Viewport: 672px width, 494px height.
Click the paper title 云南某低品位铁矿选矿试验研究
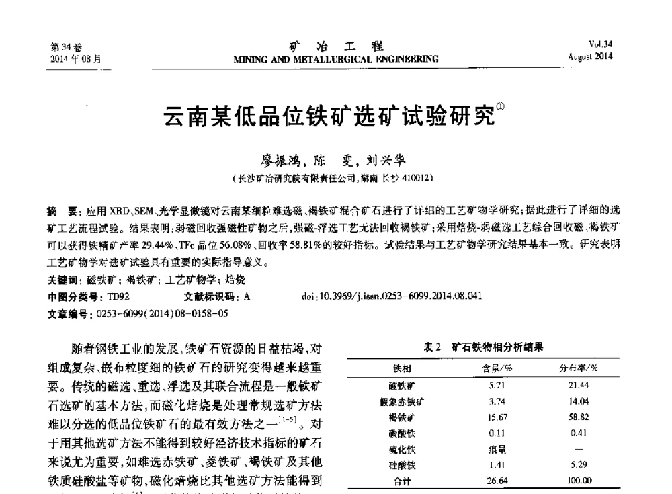330,119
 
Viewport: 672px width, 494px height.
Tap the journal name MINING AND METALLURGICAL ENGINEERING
335,59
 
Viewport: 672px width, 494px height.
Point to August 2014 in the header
590,56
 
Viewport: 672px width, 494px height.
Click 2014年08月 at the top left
76,58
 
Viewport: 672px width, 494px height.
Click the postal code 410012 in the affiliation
417,178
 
